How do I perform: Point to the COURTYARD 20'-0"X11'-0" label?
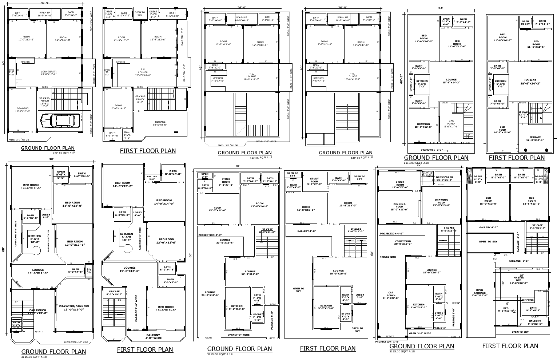403,242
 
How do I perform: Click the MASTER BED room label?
518,280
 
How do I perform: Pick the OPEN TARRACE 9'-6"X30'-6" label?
480,293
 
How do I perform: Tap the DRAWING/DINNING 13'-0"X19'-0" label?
74,308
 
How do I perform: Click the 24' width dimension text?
441,8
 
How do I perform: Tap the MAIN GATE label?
450,143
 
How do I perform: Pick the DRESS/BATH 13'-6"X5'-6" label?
444,178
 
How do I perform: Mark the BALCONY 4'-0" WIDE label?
153,336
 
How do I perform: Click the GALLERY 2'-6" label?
152,178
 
